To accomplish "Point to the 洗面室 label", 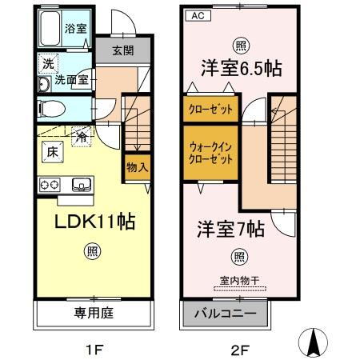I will [76, 80].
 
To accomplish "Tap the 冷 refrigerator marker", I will [82, 137].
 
